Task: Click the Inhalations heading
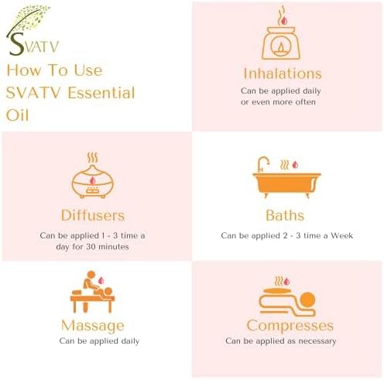(x=282, y=74)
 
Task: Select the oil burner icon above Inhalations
(x=282, y=35)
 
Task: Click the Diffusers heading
(x=92, y=214)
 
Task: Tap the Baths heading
(x=284, y=215)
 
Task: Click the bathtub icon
(x=286, y=180)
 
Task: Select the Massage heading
(x=93, y=326)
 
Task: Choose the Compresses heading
(x=290, y=326)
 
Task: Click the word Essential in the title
(x=101, y=93)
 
